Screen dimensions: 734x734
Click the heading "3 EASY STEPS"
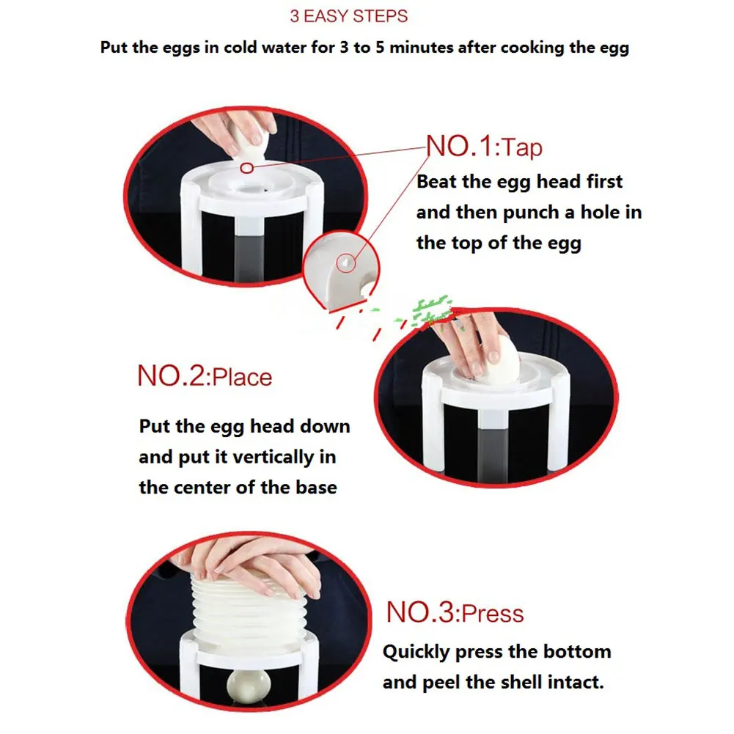pyautogui.click(x=349, y=16)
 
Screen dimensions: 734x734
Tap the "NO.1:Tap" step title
pyautogui.click(x=484, y=146)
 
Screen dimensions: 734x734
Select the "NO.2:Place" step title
pyautogui.click(x=205, y=376)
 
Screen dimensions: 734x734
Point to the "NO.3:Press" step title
pyautogui.click(x=455, y=612)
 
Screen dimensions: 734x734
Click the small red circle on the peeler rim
pyautogui.click(x=246, y=168)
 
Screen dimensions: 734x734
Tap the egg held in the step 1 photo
pyautogui.click(x=248, y=143)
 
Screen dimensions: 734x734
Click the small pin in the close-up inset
pyautogui.click(x=345, y=263)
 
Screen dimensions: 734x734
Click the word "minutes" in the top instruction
pyautogui.click(x=422, y=47)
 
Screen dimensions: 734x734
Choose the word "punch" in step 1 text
pyautogui.click(x=531, y=213)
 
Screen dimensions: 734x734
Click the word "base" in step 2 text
pyautogui.click(x=316, y=488)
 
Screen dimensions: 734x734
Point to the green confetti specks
pyautogui.click(x=428, y=312)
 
